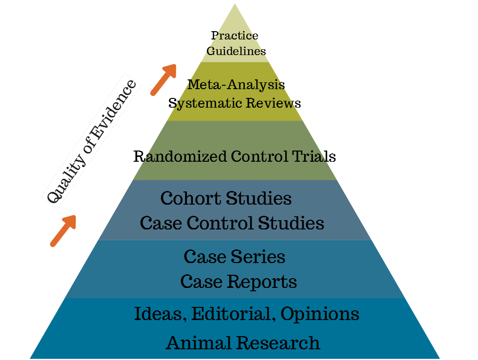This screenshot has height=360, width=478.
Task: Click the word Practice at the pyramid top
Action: coord(235,36)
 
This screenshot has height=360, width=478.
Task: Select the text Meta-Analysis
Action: coord(236,84)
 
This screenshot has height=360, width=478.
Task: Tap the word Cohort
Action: coord(187,199)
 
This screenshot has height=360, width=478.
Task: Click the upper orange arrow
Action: coord(163,79)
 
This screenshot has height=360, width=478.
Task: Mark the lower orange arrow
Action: coord(63,230)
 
